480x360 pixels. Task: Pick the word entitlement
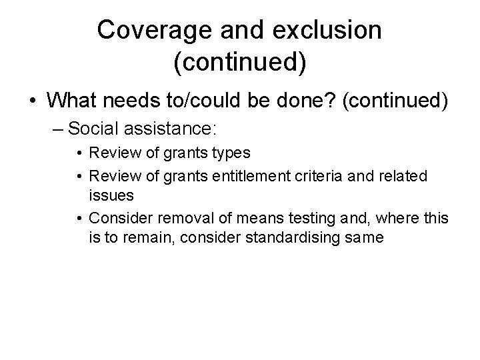(x=244, y=175)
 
